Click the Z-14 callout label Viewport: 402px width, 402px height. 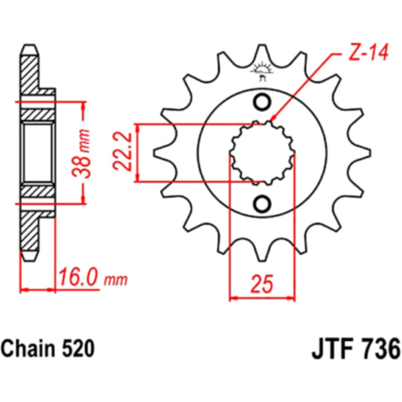tap(369, 52)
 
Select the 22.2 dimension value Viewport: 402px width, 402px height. tap(123, 152)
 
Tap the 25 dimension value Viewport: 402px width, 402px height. tap(261, 284)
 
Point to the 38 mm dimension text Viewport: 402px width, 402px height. tap(82, 154)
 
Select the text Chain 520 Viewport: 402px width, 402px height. tap(48, 348)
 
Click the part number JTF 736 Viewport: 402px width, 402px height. tap(356, 349)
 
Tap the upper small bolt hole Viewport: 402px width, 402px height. tap(262, 103)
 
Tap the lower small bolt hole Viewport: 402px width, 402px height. tap(262, 203)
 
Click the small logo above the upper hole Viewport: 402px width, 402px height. tap(261, 70)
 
